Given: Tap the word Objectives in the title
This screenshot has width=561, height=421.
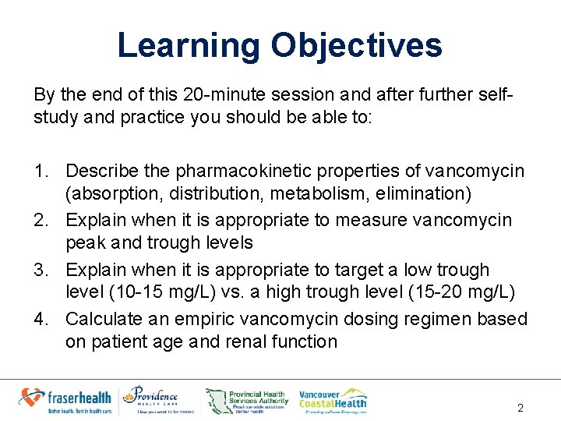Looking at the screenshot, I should pos(356,45).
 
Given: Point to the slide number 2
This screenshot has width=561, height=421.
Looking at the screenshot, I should pos(520,408).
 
